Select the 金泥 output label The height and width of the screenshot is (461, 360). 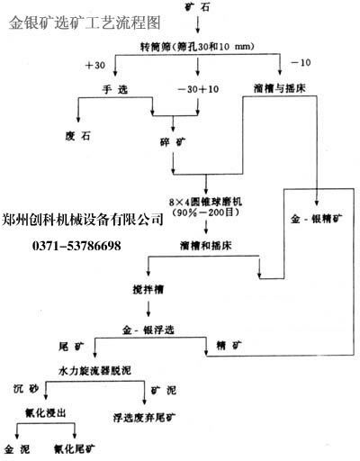click(x=20, y=447)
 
